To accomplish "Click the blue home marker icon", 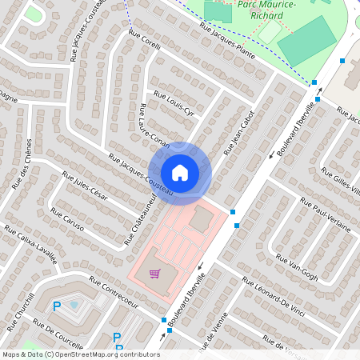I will click(x=180, y=173).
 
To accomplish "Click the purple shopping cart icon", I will click(x=154, y=274).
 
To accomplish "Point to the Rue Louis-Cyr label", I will click(x=179, y=106).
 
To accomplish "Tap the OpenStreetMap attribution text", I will click(x=81, y=354).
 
